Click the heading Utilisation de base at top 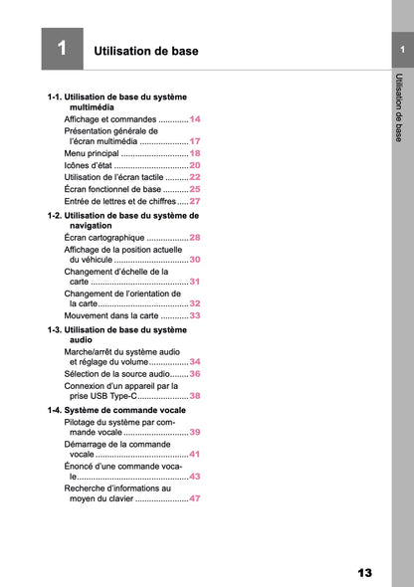(145, 51)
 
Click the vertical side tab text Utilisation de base (399, 107)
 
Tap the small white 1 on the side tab (401, 50)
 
